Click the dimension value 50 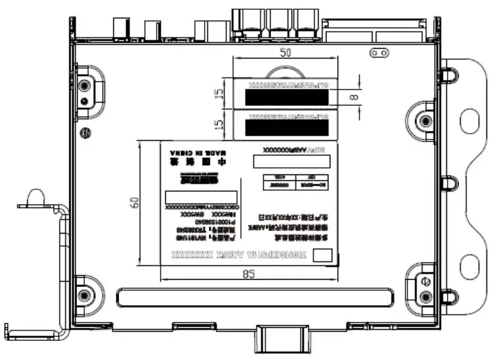coord(285,53)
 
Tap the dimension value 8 coord(356,96)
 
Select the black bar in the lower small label coord(286,128)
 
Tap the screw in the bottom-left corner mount coord(83,294)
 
